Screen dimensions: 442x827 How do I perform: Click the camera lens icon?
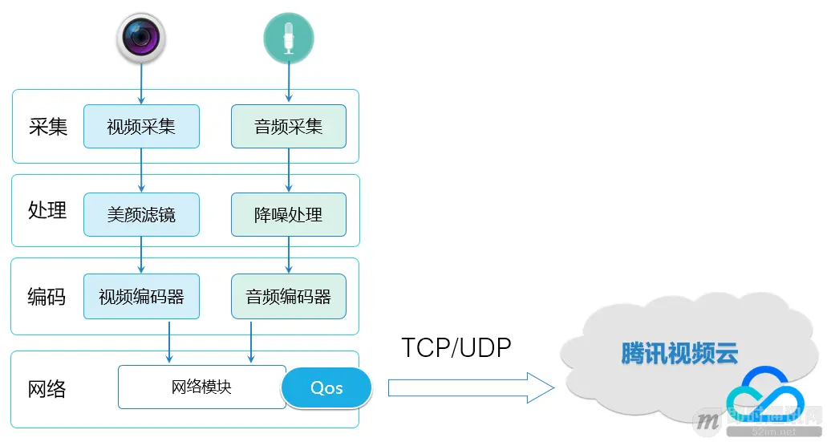[141, 37]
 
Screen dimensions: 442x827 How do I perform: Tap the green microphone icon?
[289, 37]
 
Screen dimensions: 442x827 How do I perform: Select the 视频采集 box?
[141, 126]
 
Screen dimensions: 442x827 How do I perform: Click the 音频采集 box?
[289, 126]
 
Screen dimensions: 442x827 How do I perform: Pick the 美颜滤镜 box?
[141, 214]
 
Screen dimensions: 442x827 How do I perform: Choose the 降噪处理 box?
[289, 214]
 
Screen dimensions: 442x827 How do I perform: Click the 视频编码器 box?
[141, 297]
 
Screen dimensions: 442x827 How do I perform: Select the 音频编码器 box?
[289, 297]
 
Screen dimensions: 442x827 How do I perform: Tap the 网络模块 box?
[201, 387]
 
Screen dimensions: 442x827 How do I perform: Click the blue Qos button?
[326, 388]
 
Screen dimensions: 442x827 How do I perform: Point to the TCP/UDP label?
[456, 347]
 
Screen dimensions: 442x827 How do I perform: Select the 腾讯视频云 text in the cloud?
[679, 353]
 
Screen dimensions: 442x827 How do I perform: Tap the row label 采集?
[48, 127]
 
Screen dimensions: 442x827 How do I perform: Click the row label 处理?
[48, 210]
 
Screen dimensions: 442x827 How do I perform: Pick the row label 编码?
[48, 296]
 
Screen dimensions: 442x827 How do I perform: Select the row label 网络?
[48, 390]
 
